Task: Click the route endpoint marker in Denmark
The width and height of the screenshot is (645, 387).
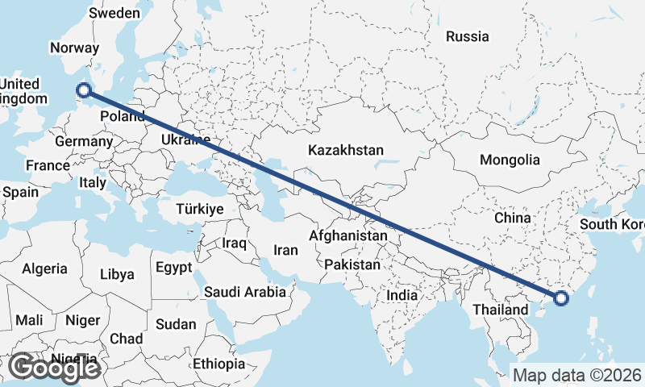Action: [82, 90]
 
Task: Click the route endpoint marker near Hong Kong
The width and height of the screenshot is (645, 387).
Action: [561, 299]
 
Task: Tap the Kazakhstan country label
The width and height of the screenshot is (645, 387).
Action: [346, 150]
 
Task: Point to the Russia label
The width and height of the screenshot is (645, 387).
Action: [467, 36]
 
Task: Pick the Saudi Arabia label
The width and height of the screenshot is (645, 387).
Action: [245, 292]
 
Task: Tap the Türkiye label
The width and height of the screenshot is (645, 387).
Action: [199, 209]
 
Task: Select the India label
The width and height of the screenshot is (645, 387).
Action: [402, 296]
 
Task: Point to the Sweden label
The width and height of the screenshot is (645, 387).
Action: [114, 13]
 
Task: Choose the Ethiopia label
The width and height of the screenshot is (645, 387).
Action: [218, 364]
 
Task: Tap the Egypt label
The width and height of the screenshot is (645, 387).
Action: [174, 267]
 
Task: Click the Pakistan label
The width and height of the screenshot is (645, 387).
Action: [352, 264]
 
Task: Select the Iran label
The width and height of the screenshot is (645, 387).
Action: [285, 250]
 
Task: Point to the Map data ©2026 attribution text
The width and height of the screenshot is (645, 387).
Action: [577, 375]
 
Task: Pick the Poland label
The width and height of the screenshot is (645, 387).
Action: [123, 117]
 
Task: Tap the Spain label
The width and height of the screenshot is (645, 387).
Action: [21, 193]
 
